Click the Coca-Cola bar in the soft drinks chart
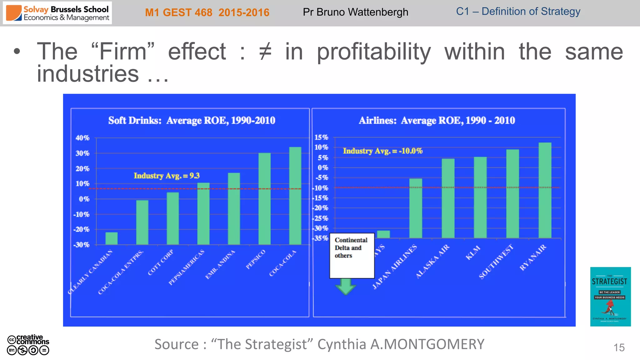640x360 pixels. [295, 196]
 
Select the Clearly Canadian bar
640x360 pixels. [112, 238]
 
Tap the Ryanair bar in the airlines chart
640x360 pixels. [545, 190]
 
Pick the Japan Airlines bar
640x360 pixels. [416, 208]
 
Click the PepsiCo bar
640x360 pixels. [264, 199]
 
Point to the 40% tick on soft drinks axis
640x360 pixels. [82, 138]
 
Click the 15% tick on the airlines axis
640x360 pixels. [321, 137]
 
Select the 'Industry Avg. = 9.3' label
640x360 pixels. [167, 176]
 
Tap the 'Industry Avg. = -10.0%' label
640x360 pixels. [382, 151]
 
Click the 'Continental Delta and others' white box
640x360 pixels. [352, 256]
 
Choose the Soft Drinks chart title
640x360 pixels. [192, 120]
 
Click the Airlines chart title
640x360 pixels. [437, 120]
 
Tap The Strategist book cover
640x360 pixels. [610, 297]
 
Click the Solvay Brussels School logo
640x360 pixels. [57, 13]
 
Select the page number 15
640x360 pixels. [619, 347]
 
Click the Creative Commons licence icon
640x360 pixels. [28, 345]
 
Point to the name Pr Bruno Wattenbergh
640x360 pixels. [355, 12]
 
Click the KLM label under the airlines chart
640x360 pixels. [473, 252]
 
